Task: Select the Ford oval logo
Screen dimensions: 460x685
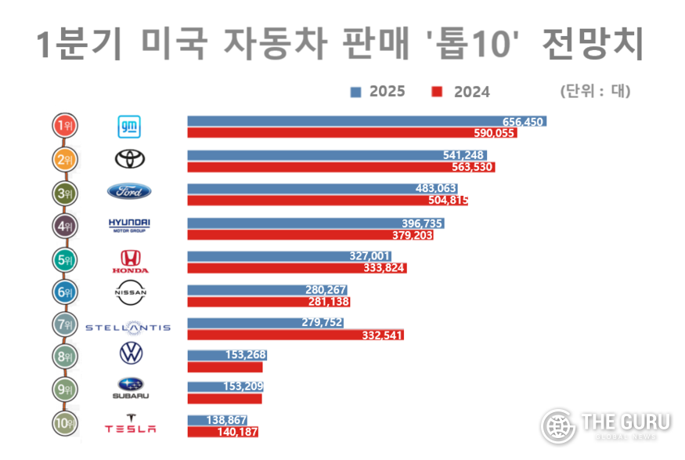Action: tap(129, 192)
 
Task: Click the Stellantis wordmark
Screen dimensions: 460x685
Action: tap(128, 327)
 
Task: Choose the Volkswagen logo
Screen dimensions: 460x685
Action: tap(131, 353)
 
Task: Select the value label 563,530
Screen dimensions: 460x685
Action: tap(473, 167)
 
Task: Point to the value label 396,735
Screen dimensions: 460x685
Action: tap(421, 223)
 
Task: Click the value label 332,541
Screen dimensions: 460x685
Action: tap(383, 335)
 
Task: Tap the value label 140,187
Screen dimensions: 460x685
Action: tap(237, 431)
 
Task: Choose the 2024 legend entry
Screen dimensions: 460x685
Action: tap(461, 92)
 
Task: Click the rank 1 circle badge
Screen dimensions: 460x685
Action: tap(64, 125)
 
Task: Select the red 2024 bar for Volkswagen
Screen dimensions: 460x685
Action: tap(225, 367)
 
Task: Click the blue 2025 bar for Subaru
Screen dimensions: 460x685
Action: tap(225, 386)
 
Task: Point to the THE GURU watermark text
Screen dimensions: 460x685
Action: tap(626, 422)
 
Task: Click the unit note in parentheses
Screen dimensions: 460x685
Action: tap(595, 90)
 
